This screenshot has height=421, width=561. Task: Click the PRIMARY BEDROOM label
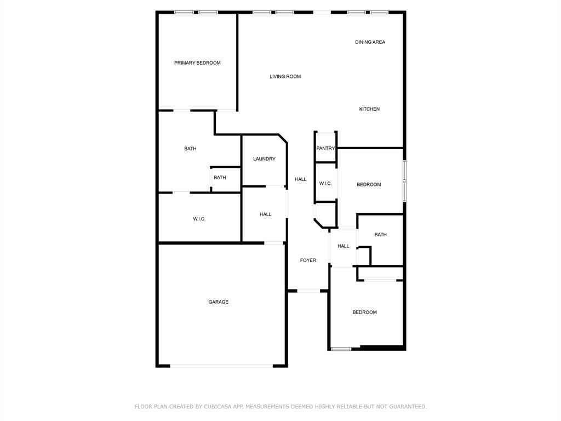pos(197,63)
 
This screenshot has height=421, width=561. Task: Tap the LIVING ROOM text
pos(285,77)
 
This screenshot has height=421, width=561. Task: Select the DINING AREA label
pos(370,42)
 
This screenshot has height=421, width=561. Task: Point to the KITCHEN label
pos(369,109)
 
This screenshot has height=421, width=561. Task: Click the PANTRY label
pos(325,149)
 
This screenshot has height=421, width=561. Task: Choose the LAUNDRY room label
pos(264,159)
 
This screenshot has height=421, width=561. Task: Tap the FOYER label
pos(308,260)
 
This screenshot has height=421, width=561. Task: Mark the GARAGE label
pos(218,302)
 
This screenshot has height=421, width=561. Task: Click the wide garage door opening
pos(221,366)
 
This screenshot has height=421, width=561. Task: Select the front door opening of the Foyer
pos(308,291)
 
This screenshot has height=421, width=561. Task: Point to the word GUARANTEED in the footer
pos(408,407)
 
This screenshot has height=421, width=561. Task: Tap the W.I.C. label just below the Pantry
pos(325,184)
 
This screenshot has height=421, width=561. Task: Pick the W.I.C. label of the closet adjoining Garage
pos(199,219)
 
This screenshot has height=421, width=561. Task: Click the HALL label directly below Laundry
pos(266,214)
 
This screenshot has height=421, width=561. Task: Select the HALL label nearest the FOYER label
pos(343,246)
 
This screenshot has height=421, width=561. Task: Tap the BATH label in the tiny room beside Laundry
pos(220,178)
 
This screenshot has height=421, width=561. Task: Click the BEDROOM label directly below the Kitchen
pos(369,185)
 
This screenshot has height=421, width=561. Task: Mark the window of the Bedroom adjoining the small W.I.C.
pos(405,181)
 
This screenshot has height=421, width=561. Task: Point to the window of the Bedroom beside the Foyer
pos(341,349)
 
